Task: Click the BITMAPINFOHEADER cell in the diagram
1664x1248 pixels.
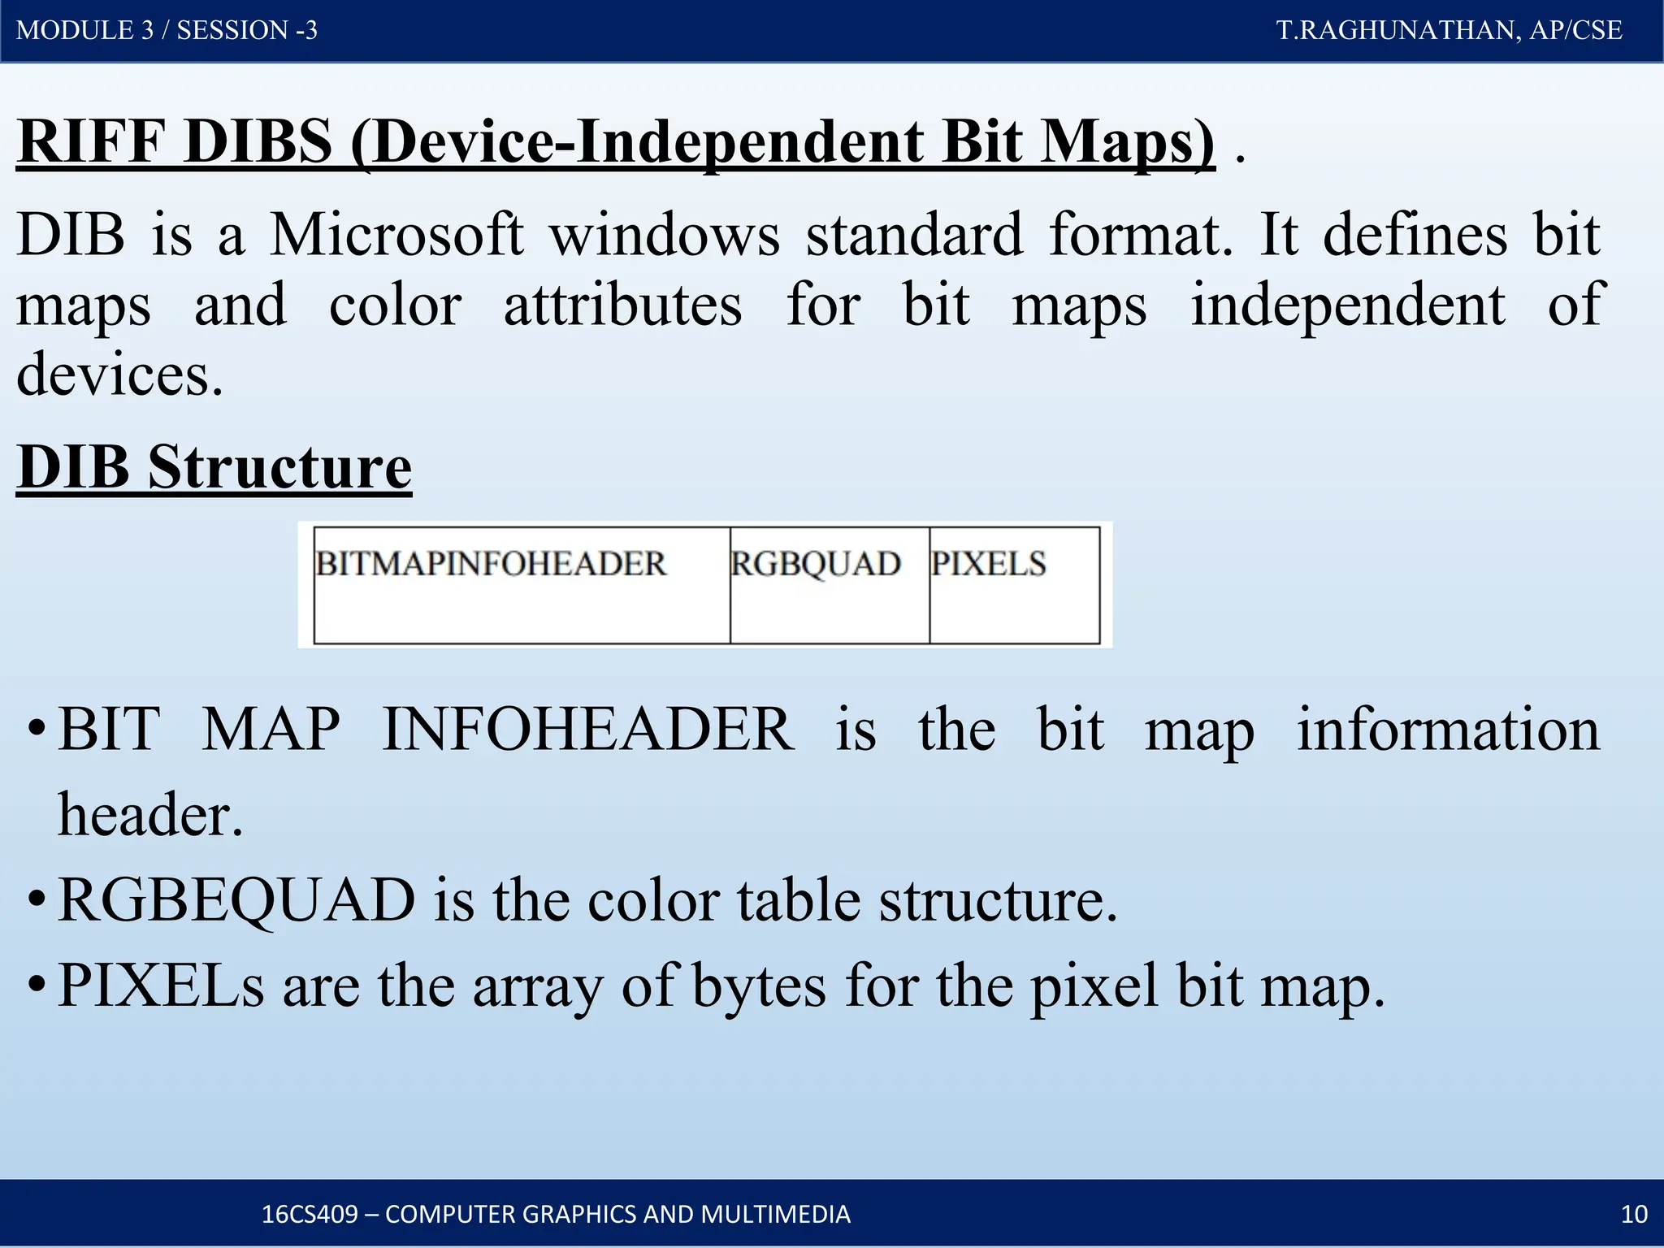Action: pos(522,585)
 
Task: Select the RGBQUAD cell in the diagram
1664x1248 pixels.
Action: pos(829,585)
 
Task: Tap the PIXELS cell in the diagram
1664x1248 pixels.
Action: pos(1014,585)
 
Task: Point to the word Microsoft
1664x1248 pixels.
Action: pos(396,235)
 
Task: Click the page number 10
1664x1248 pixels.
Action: pos(1634,1214)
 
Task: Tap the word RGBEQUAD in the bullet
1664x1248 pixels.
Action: pos(236,900)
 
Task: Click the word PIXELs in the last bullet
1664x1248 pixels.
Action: pos(161,986)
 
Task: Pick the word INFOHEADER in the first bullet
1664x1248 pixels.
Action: pos(588,729)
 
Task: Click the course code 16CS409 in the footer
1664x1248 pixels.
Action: pos(310,1214)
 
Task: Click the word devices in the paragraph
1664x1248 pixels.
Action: pos(119,375)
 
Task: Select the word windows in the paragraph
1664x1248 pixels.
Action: pos(664,235)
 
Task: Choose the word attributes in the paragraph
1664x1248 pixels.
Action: pos(622,305)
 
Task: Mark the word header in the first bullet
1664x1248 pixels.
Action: pos(149,814)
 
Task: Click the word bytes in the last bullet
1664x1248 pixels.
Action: pos(759,986)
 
